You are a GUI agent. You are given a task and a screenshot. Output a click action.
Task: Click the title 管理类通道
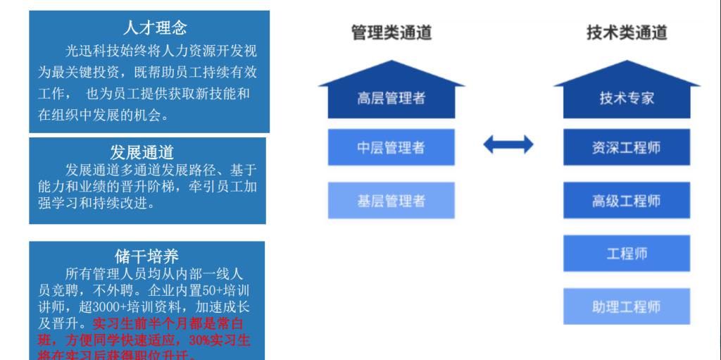391,32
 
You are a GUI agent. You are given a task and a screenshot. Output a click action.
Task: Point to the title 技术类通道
627,32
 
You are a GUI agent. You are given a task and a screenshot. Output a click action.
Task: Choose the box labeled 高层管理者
391,99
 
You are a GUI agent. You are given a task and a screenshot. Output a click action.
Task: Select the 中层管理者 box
391,148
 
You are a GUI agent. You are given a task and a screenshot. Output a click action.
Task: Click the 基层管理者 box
391,201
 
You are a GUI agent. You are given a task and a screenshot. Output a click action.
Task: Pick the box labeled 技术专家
627,99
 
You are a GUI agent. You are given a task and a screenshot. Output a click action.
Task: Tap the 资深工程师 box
627,148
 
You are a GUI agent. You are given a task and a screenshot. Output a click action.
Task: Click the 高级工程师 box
627,201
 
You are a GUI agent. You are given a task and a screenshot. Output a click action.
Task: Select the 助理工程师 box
627,306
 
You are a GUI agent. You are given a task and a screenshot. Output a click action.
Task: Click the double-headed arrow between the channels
508,146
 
